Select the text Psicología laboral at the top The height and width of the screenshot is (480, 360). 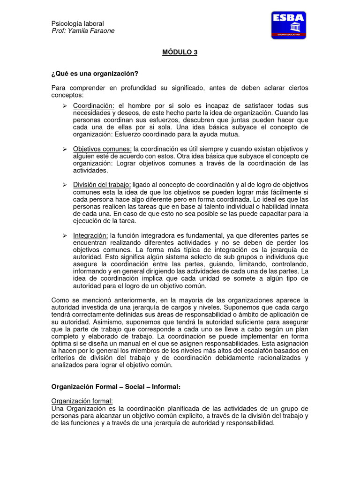(77, 23)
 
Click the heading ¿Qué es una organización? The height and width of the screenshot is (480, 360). (95, 74)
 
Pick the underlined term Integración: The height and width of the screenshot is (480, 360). (90, 235)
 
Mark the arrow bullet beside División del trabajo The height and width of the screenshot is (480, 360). (65, 185)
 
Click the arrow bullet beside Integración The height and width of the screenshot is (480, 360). (65, 235)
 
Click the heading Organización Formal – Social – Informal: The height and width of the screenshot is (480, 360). (115, 387)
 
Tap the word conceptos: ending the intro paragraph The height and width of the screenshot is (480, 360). (66, 95)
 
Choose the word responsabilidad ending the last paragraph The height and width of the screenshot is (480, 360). (250, 423)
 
